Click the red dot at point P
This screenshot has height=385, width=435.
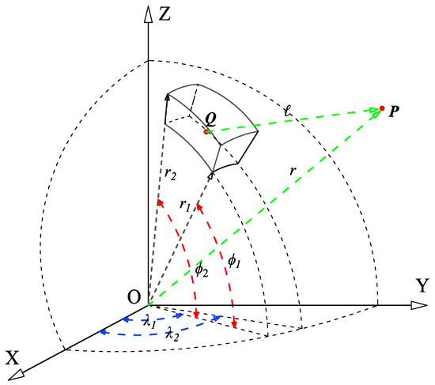pos(383,108)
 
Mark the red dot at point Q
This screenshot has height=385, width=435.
pos(206,132)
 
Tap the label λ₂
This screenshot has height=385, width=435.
pos(172,337)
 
